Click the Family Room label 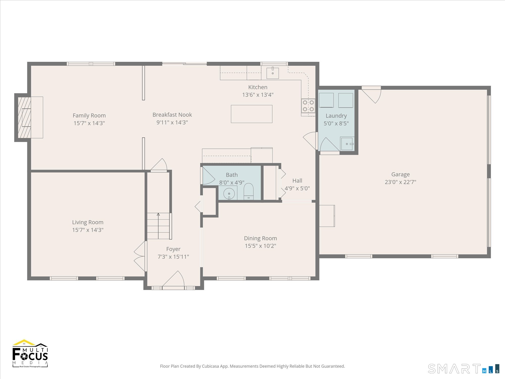[89, 115]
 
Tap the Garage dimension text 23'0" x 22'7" [400, 182]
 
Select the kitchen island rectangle [251, 114]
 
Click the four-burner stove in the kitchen [308, 106]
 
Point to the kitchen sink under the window [273, 73]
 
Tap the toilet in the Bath [248, 192]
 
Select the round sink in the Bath [229, 194]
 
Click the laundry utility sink [347, 144]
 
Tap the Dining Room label [260, 238]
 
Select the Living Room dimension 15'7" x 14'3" [88, 230]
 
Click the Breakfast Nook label [172, 115]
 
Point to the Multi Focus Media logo [30, 353]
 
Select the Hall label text [297, 181]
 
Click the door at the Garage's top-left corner [371, 95]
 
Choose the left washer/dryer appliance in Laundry [326, 100]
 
